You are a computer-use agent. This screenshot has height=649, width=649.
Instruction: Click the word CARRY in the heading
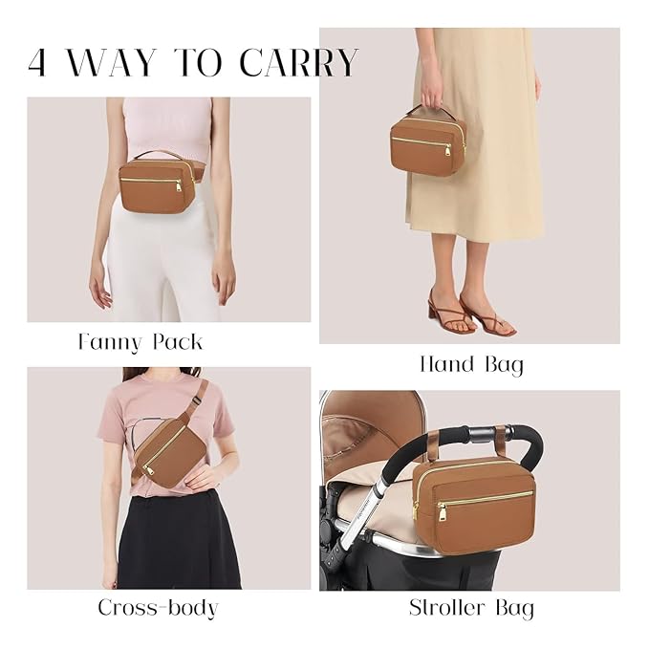pyautogui.click(x=298, y=62)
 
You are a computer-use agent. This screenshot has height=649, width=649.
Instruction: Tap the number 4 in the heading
pyautogui.click(x=37, y=63)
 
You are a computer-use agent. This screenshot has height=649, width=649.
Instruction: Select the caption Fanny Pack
pyautogui.click(x=140, y=341)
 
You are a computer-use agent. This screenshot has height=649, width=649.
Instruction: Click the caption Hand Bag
pyautogui.click(x=471, y=364)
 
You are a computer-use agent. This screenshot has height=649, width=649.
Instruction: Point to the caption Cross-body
pyautogui.click(x=158, y=607)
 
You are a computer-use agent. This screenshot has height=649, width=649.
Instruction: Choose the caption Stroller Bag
pyautogui.click(x=471, y=608)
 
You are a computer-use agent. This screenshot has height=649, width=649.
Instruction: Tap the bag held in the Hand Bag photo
pyautogui.click(x=427, y=145)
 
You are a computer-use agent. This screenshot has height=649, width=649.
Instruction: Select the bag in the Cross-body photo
pyautogui.click(x=164, y=450)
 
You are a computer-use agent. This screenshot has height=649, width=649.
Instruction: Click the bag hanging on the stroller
pyautogui.click(x=473, y=505)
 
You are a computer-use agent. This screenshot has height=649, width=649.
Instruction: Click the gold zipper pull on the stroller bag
pyautogui.click(x=441, y=513)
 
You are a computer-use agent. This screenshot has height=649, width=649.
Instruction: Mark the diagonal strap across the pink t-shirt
pyautogui.click(x=193, y=402)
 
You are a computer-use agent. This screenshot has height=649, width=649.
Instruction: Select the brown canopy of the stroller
pyautogui.click(x=368, y=421)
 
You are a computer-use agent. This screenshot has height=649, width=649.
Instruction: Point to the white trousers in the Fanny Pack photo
pyautogui.click(x=162, y=258)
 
